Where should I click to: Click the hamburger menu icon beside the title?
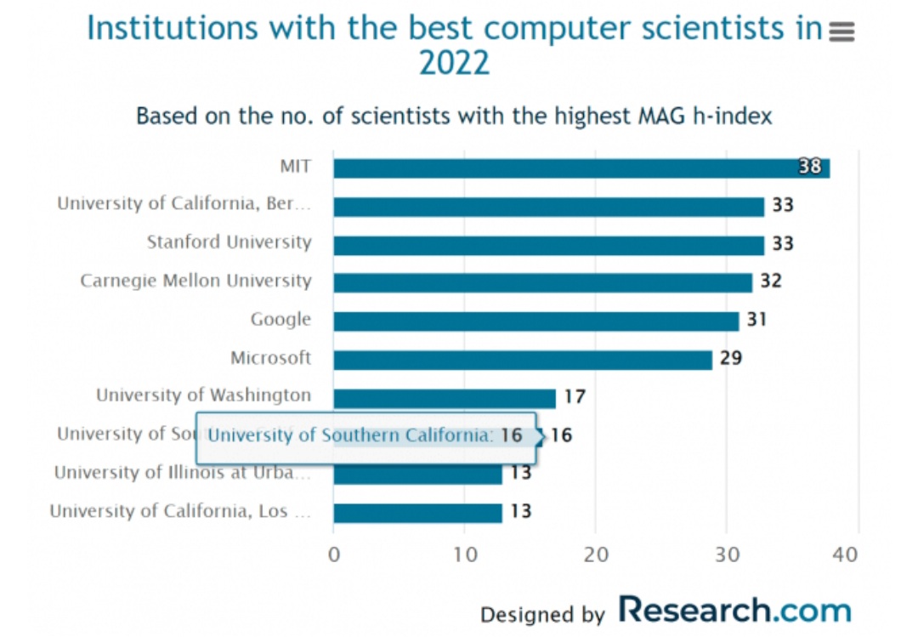pos(841,32)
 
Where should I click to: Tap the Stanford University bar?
pos(548,245)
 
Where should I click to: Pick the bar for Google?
pos(535,321)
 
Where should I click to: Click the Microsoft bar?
pos(522,360)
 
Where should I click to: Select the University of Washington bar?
pos(444,398)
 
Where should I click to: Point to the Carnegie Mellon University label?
pos(195,281)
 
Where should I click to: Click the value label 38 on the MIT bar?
pos(810,167)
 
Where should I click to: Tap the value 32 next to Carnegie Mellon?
pos(770,281)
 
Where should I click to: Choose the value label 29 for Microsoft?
pos(731,358)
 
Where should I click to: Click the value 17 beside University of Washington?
pos(575,396)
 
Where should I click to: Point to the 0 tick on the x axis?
pos(333,555)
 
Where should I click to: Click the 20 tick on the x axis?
pos(596,555)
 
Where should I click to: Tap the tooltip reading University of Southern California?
pos(365,436)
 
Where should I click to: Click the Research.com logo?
pos(734,611)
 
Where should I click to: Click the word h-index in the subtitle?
pos(734,116)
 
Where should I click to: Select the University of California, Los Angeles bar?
pos(417,513)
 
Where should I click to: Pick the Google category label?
pos(280,320)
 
